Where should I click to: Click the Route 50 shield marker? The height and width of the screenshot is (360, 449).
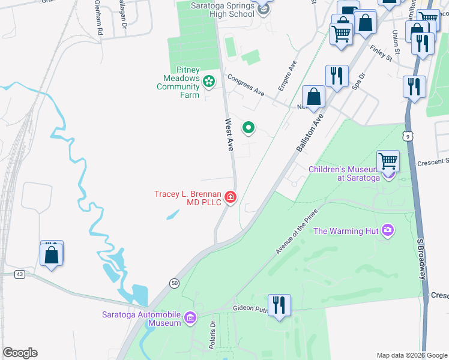175,283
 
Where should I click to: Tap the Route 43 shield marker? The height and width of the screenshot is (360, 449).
20,274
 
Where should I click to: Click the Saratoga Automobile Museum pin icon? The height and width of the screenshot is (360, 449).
190,317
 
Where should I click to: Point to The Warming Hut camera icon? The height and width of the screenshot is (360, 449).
388,230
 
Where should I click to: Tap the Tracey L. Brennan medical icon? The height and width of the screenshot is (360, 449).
230,197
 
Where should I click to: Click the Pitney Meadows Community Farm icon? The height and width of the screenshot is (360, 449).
209,81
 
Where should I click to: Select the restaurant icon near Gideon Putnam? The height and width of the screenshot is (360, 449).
279,305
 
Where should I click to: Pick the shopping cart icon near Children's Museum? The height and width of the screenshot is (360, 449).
388,161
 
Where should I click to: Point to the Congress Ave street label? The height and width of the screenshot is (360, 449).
246,85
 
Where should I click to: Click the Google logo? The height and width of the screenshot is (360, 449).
19,353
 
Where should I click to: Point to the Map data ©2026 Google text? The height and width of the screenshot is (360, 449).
411,355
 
